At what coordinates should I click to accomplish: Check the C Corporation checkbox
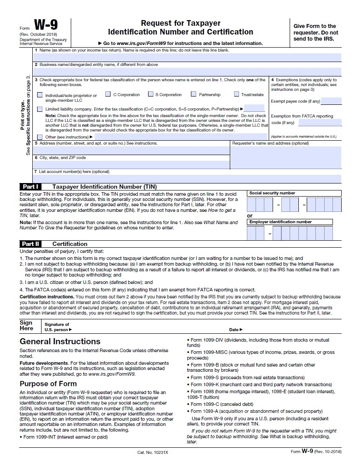(108, 94)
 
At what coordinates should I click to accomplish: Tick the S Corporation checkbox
(151, 94)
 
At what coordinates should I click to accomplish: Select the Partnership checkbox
(194, 94)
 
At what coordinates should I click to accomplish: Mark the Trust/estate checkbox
(236, 94)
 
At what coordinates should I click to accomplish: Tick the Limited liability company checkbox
(40, 109)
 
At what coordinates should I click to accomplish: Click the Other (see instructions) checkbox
(40, 137)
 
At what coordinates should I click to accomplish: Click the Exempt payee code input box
(331, 101)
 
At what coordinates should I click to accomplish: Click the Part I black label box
(31, 187)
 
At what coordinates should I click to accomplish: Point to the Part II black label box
(31, 244)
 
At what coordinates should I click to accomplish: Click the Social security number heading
(272, 193)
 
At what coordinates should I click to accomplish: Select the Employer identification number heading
(280, 222)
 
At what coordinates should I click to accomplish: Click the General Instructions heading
(60, 341)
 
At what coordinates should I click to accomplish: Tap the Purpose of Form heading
(51, 384)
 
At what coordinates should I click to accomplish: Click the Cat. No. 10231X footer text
(152, 452)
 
